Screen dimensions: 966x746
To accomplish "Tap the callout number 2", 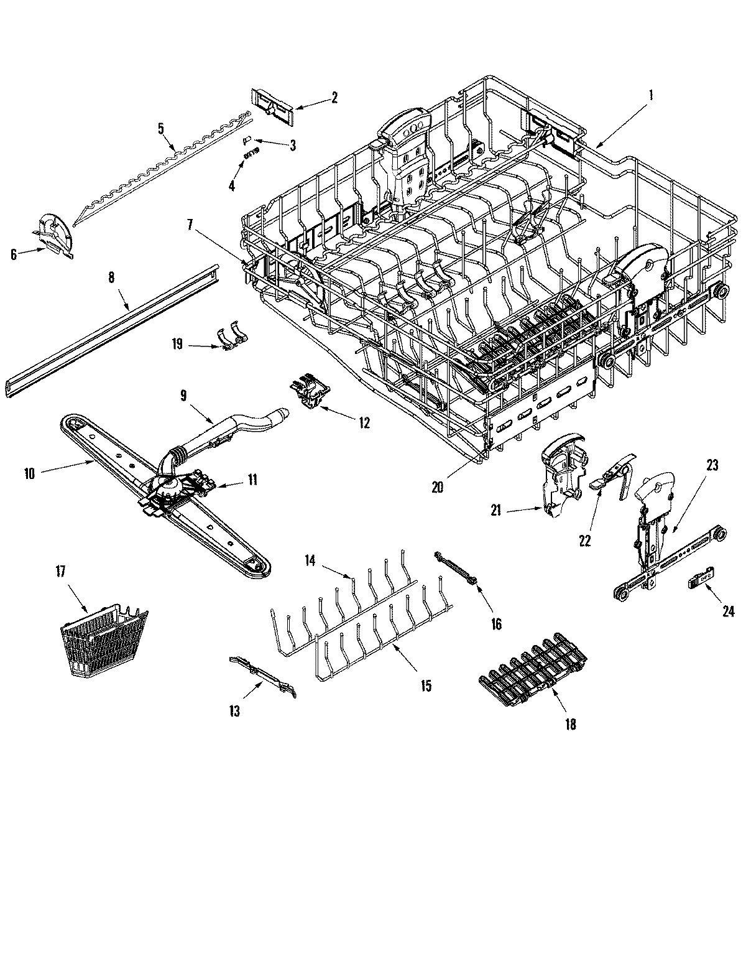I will (334, 97).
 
